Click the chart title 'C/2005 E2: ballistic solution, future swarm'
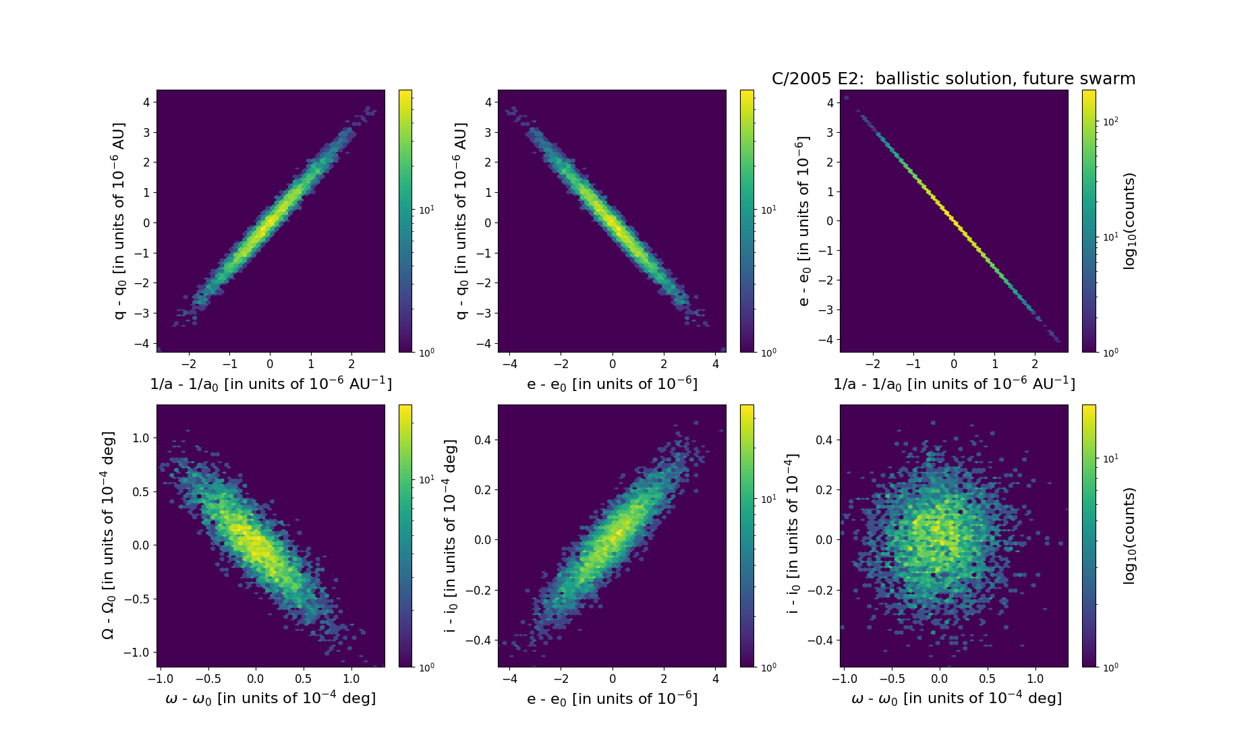click(953, 79)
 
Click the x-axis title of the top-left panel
click(271, 384)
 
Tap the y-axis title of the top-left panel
click(119, 220)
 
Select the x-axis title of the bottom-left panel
click(271, 698)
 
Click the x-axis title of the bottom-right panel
click(957, 698)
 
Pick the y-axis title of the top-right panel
click(803, 220)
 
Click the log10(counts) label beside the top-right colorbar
click(1129, 220)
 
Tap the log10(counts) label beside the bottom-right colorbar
click(1129, 535)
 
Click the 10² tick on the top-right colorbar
click(1110, 121)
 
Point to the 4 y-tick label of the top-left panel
click(146, 102)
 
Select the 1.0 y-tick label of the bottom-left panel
click(140, 438)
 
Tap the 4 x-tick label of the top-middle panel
click(716, 364)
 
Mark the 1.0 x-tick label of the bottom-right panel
click(1035, 679)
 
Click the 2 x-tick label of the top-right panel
click(1035, 364)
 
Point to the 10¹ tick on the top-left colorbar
click(426, 210)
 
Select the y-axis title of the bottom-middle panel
click(451, 535)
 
